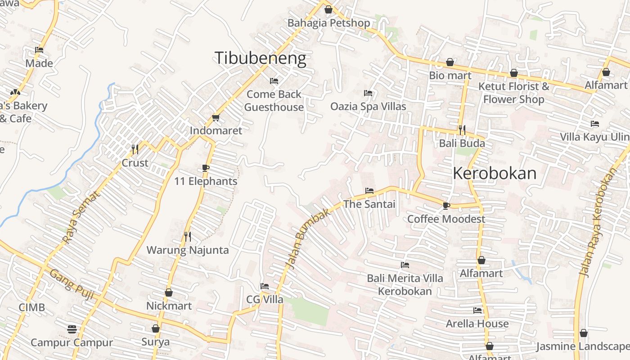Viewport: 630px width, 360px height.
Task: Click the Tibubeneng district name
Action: (260, 58)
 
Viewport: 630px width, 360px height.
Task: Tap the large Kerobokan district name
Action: (495, 174)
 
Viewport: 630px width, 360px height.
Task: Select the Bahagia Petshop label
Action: (328, 23)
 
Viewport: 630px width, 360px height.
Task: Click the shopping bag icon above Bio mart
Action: (450, 62)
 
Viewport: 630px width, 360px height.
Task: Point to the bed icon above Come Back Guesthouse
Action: (274, 81)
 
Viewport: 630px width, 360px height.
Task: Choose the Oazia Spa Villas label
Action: (368, 107)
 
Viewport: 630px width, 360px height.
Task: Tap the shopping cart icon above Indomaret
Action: (216, 118)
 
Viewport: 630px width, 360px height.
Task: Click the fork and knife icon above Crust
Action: (135, 149)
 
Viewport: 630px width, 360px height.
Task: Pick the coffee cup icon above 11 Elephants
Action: (206, 168)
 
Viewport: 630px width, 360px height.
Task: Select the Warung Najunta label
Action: (188, 250)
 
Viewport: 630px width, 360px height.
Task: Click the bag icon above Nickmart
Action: (169, 293)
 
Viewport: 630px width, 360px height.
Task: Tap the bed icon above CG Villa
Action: (265, 286)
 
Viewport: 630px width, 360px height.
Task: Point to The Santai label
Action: (369, 204)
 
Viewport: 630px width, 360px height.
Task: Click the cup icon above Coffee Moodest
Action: (446, 206)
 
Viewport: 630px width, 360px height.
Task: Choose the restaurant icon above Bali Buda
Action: (462, 130)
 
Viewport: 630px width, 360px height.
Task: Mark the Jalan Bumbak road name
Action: (313, 238)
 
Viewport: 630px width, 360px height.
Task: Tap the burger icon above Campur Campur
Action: (72, 329)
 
